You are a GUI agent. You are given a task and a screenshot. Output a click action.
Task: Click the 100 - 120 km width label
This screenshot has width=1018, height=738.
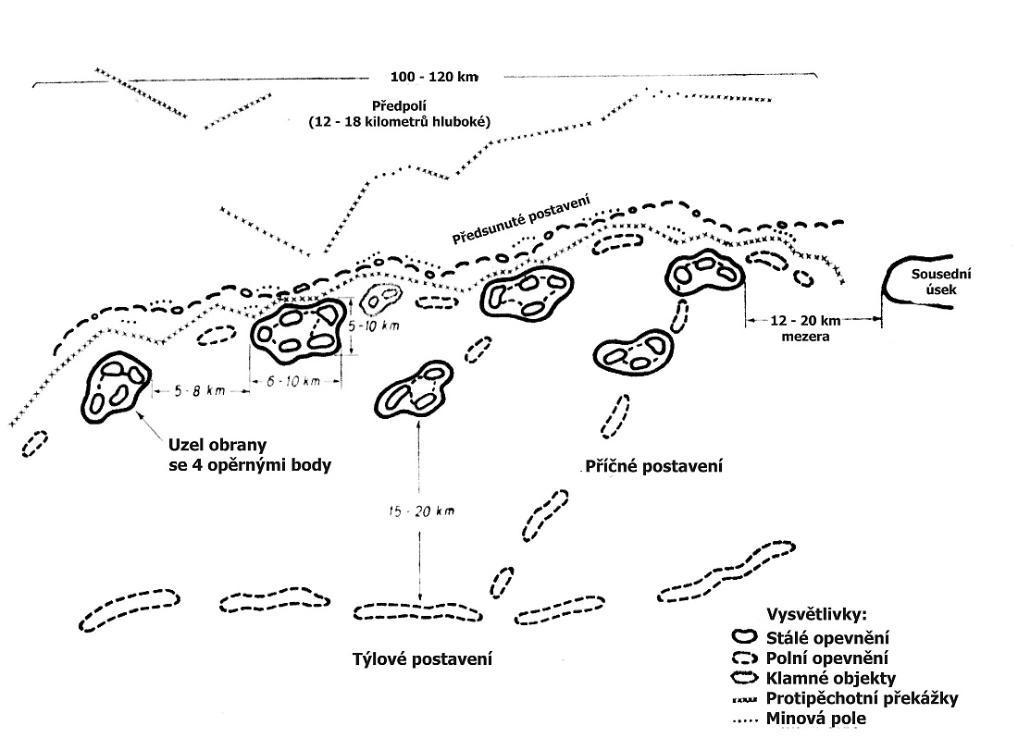coord(434,77)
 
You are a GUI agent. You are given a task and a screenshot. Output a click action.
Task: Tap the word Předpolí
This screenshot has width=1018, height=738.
coord(399,105)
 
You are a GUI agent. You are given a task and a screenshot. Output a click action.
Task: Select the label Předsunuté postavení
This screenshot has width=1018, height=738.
coord(521,219)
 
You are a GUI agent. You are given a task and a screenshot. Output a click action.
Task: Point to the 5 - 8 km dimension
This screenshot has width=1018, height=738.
coord(199,390)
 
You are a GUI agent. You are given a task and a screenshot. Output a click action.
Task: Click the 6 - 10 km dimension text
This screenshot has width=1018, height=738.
coord(293,381)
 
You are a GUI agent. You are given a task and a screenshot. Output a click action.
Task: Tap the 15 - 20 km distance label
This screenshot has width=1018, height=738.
coord(421,511)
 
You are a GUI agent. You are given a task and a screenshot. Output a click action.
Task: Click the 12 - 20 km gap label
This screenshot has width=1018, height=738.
coord(805,320)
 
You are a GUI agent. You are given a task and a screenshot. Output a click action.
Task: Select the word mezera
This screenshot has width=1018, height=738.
coord(805,337)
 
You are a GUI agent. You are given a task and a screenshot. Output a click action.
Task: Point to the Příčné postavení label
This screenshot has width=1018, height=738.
coord(653,466)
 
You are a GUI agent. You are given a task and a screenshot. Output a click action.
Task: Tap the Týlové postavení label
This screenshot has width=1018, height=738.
coord(422,659)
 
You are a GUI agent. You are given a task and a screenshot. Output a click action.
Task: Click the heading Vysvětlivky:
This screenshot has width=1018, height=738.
coord(816,614)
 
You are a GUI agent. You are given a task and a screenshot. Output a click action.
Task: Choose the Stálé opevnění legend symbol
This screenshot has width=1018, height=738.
coord(745,637)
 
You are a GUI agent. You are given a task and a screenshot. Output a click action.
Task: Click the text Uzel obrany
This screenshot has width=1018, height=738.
coord(217,446)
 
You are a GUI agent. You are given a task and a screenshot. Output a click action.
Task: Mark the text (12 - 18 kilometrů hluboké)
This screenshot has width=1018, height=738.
coord(399,122)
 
